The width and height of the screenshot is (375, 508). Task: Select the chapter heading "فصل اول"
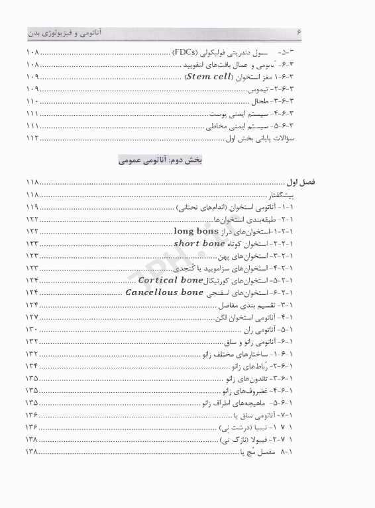coord(321,183)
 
